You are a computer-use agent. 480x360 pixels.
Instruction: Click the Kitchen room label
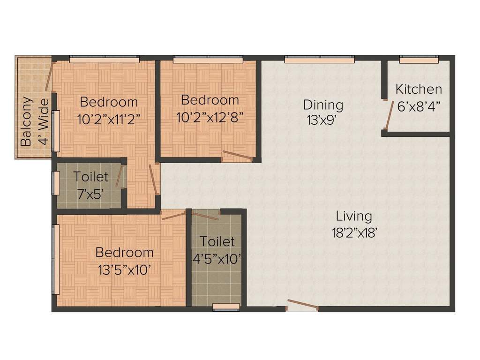419,89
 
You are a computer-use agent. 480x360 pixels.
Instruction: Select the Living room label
354,216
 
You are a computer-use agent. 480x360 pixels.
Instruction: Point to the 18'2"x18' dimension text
354,233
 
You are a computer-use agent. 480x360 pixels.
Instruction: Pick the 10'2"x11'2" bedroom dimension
109,119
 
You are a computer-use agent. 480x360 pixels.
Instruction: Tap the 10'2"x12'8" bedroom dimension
210,116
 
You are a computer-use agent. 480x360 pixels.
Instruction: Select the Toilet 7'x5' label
90,177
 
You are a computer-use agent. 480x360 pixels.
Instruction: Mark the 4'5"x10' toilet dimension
217,258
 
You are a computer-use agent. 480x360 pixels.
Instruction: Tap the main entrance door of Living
302,305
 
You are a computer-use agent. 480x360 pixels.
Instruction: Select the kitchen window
419,59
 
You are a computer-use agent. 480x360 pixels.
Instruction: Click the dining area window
319,59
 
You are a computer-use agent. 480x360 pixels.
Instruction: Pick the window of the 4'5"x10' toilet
226,307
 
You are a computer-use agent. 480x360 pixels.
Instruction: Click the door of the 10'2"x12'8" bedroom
238,156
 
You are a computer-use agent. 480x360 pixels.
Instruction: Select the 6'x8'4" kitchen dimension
419,106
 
